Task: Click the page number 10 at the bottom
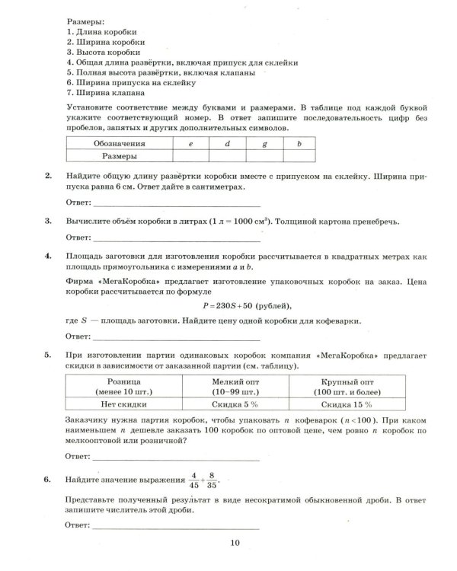point(235,542)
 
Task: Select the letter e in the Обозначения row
point(191,143)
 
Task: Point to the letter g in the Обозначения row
point(264,143)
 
